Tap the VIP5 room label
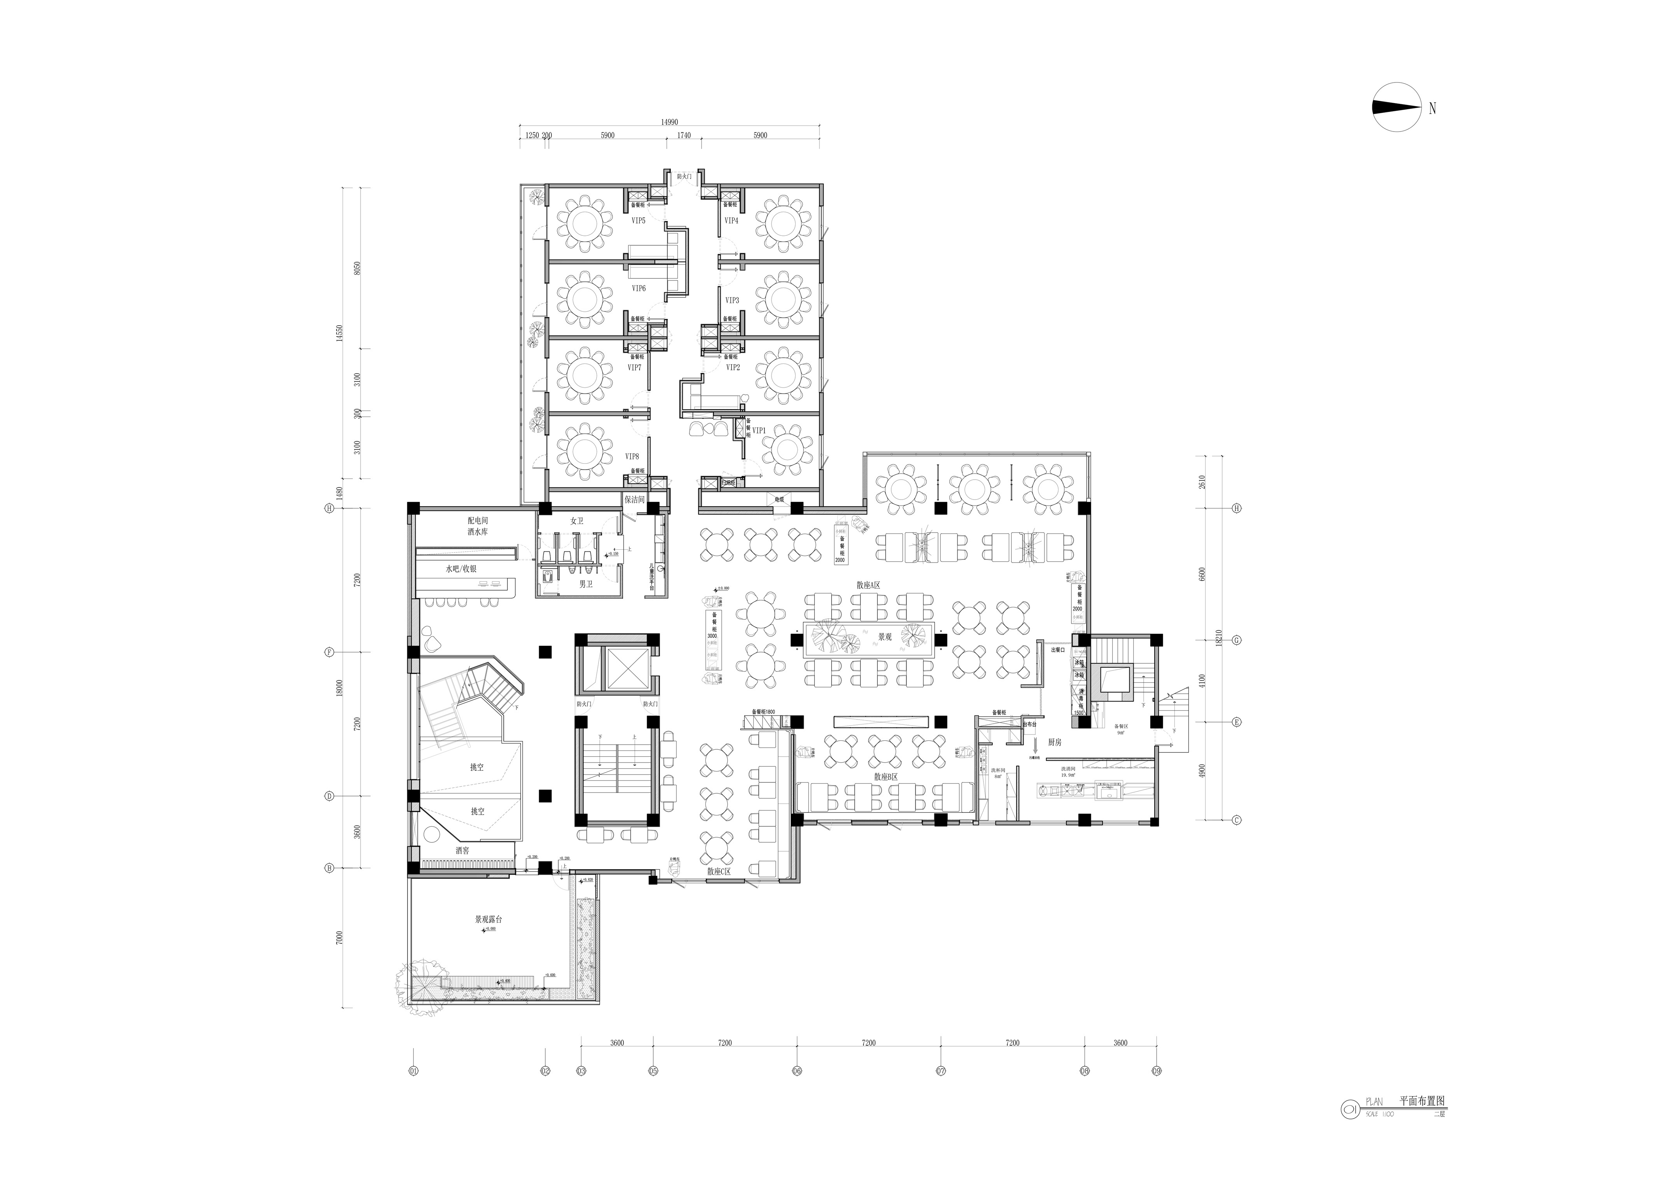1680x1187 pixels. point(638,220)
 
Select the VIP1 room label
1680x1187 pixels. point(759,431)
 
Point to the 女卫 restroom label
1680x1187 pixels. point(577,521)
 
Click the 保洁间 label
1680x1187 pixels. point(634,500)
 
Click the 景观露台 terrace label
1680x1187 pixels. point(488,919)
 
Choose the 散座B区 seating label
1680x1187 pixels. point(885,777)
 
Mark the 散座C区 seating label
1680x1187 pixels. point(719,871)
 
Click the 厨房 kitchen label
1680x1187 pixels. point(1054,742)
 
